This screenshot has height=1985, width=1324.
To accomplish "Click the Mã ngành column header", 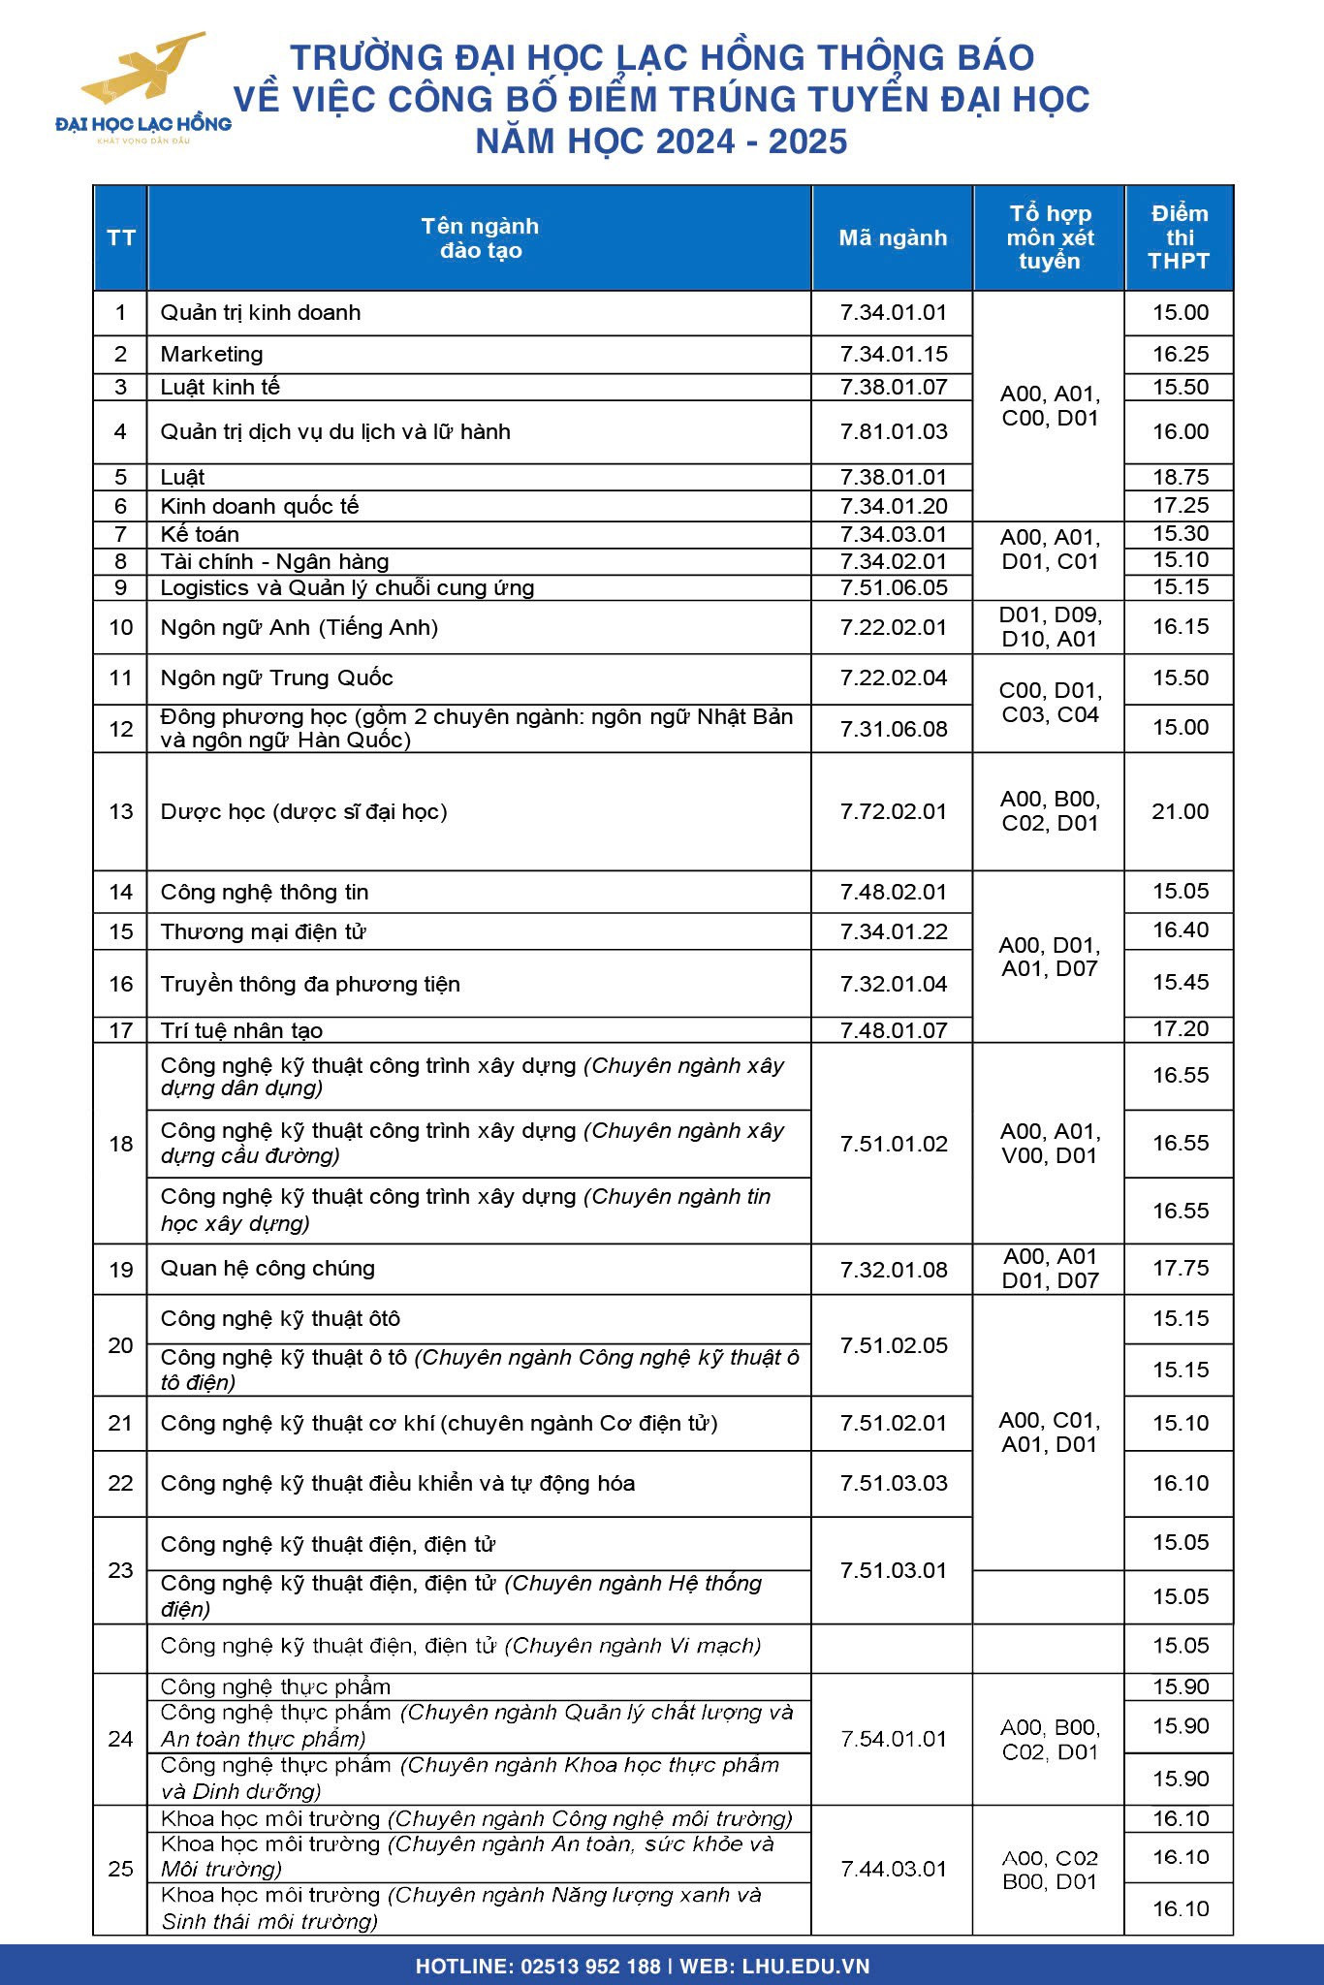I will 893,237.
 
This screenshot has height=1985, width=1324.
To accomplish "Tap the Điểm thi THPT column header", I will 1179,237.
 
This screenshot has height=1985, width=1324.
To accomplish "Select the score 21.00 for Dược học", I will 1180,811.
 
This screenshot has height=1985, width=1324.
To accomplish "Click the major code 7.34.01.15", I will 893,354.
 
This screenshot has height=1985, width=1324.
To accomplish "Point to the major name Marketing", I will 211,354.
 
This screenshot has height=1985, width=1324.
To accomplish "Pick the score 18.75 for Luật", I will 1180,477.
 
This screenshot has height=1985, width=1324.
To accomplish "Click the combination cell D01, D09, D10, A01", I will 1050,627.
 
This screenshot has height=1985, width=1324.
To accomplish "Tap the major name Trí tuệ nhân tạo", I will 241,1030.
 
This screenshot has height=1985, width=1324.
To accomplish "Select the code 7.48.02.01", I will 893,892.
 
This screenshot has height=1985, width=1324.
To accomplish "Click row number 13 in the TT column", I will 120,811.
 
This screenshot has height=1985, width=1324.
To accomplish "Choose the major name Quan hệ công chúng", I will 268,1268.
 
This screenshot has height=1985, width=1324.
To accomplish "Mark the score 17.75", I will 1180,1268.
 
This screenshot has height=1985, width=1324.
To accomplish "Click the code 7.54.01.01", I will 893,1739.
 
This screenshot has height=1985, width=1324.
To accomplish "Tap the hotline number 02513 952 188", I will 590,1967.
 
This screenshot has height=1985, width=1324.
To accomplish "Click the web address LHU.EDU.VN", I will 805,1967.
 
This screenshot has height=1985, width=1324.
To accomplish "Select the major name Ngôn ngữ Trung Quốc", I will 276,677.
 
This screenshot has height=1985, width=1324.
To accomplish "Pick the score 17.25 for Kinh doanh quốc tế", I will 1180,505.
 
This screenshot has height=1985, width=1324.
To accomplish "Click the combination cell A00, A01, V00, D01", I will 1050,1144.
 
